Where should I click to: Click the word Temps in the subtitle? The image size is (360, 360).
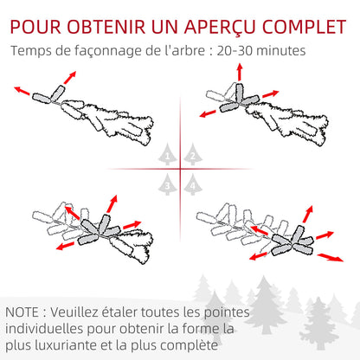coord(32,51)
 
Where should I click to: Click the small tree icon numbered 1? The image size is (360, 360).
coord(168,156)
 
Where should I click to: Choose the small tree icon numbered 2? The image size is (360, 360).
coord(192,156)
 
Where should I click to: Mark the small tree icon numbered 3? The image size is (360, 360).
coord(168,183)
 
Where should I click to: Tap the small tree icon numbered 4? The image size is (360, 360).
coord(192,183)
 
